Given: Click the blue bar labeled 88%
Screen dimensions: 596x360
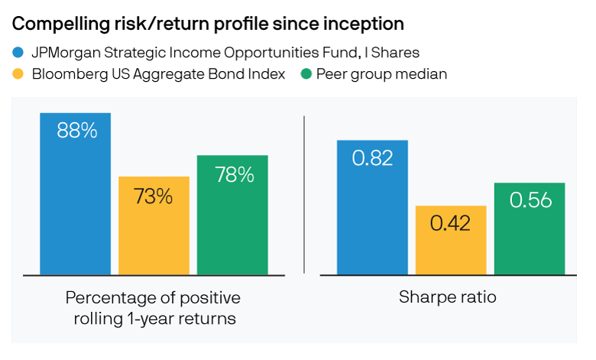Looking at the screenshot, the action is (x=75, y=194).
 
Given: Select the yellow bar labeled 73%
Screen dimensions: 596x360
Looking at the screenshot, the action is (x=154, y=225).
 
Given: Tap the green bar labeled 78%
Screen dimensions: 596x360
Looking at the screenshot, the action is (x=232, y=216).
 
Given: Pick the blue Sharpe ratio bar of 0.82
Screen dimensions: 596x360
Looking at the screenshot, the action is (x=373, y=208).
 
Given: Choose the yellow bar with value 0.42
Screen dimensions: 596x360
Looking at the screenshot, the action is (x=451, y=240).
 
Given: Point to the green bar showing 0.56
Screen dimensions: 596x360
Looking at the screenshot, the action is (x=530, y=229).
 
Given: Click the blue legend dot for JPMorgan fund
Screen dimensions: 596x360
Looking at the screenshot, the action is (x=18, y=52).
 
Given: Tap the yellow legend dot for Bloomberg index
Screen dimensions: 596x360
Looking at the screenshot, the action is (x=18, y=73).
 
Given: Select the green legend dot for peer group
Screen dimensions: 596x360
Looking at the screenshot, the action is (x=306, y=73).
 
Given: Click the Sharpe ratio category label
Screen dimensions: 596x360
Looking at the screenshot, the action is (x=447, y=297).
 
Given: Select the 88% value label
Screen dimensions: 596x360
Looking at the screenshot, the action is (x=76, y=131).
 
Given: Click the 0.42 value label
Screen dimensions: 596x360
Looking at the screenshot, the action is (x=450, y=223).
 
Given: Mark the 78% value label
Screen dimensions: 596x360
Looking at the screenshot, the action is (x=234, y=175).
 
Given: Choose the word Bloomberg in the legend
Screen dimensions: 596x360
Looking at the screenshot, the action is (x=70, y=74).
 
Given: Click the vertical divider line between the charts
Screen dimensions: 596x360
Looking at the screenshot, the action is (x=304, y=194).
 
